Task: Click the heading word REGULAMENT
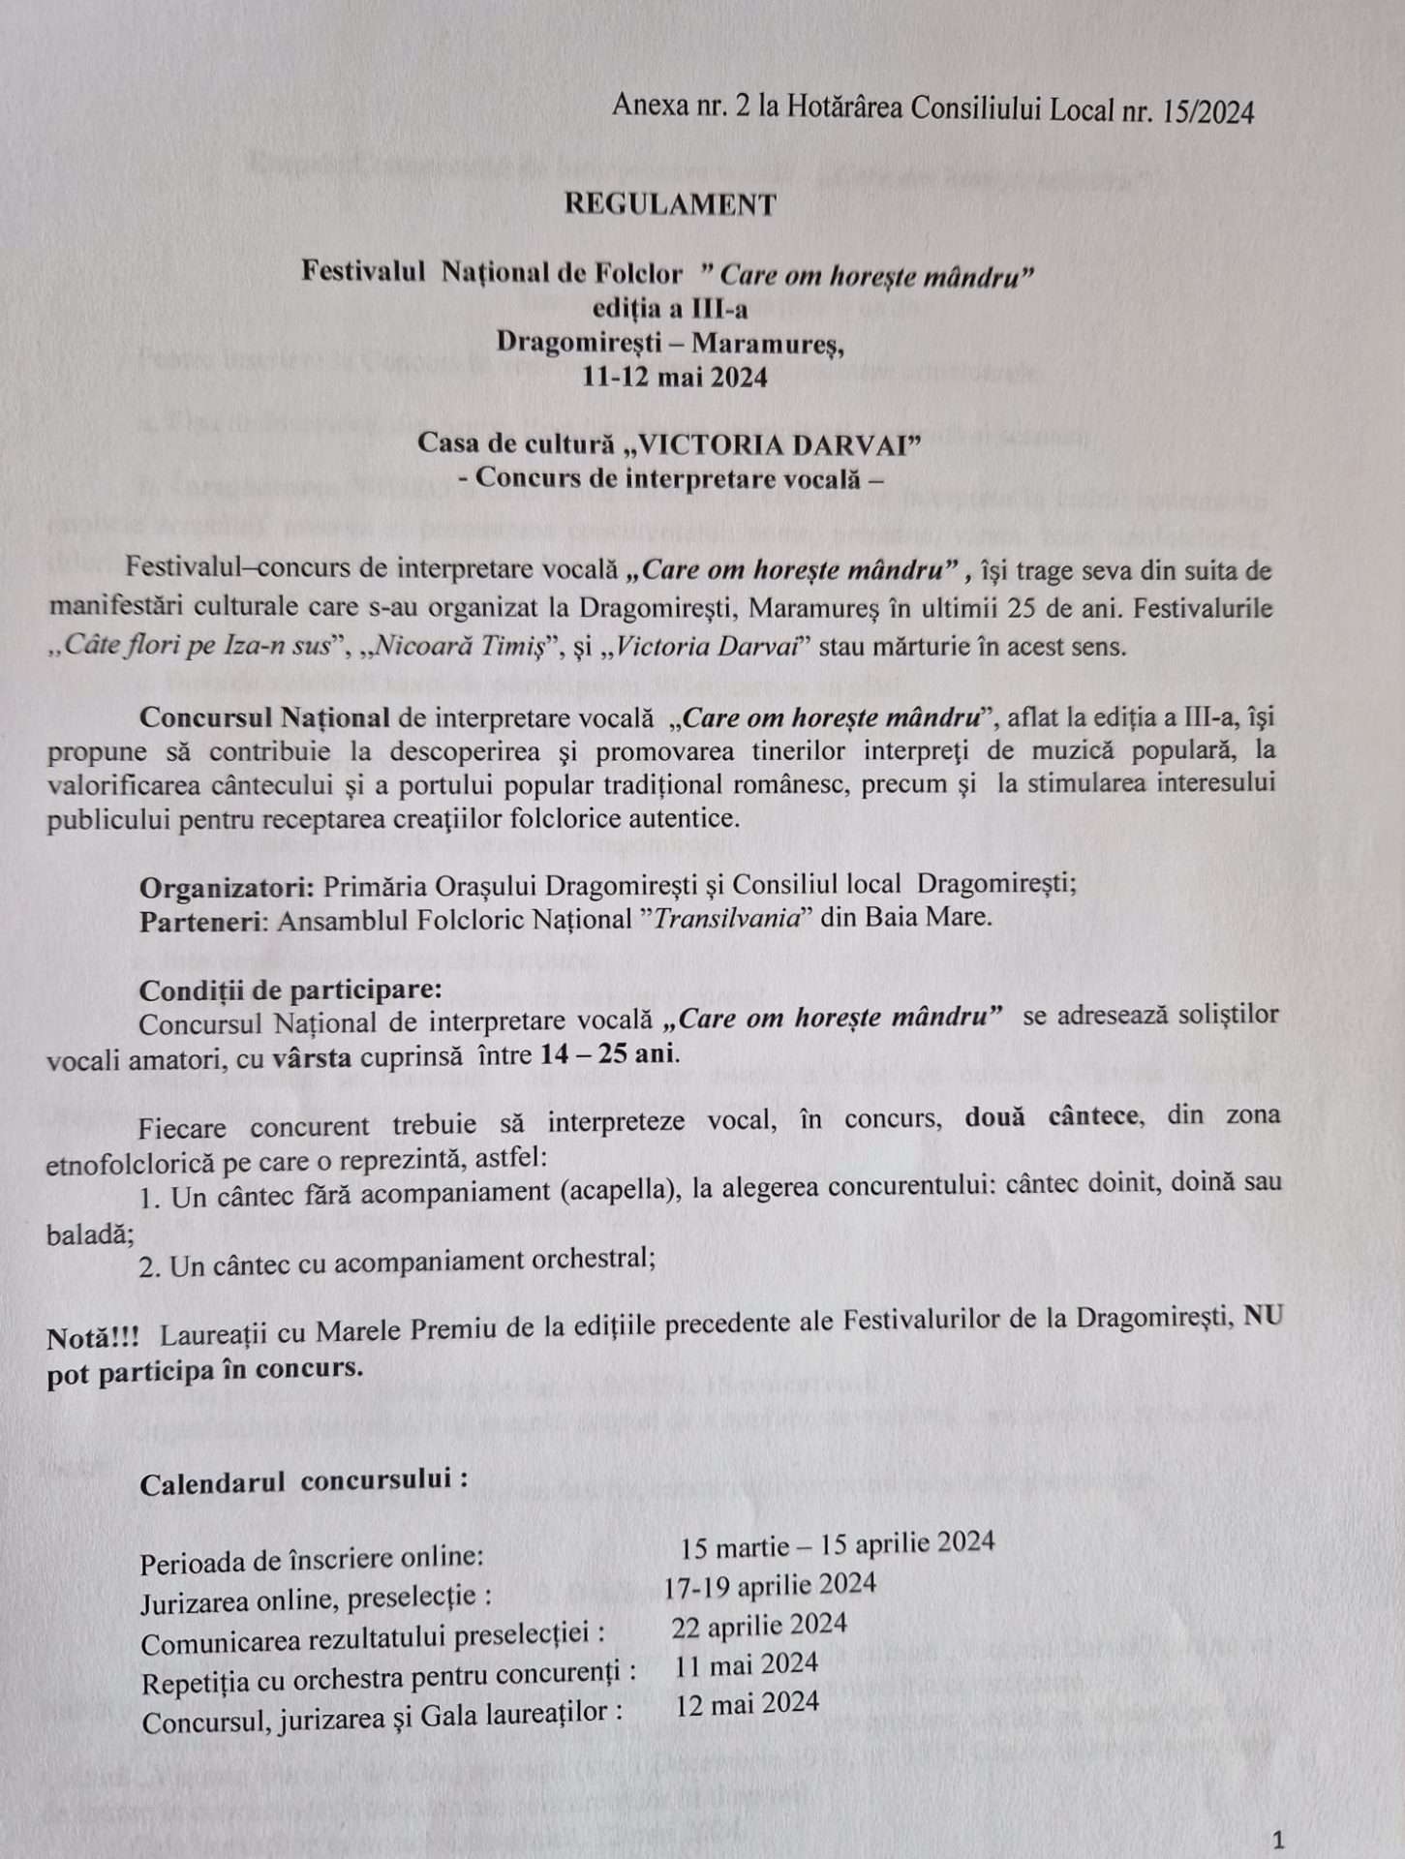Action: (x=670, y=204)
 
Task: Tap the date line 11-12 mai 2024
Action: (x=674, y=377)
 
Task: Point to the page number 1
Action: (x=1279, y=1839)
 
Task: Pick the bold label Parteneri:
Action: (x=203, y=920)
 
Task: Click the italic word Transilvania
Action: (x=726, y=918)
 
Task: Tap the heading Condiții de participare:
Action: (x=290, y=990)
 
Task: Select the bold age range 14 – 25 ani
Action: (x=608, y=1053)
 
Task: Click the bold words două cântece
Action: (x=1051, y=1116)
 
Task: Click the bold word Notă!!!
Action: (x=93, y=1338)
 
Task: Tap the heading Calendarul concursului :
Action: (x=304, y=1481)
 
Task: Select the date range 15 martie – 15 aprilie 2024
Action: (x=837, y=1544)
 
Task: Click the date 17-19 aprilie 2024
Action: (x=770, y=1585)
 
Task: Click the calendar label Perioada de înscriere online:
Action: (x=311, y=1560)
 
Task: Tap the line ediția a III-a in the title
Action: (x=670, y=309)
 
